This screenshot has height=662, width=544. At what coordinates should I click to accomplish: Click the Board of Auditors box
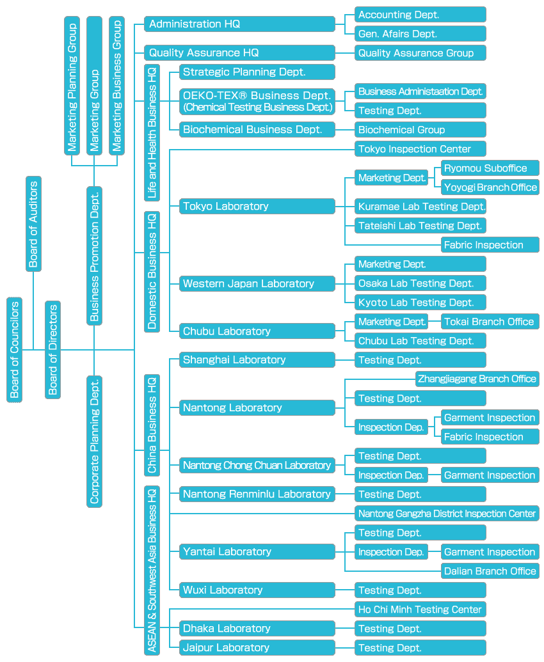34,223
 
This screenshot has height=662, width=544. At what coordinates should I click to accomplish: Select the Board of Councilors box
15,349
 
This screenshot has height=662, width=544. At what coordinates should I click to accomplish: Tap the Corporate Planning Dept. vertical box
94,441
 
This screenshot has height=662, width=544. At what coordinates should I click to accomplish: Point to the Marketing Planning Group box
72,86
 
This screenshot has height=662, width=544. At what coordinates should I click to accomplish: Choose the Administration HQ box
239,24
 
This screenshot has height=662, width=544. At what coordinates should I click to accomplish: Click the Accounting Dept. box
420,15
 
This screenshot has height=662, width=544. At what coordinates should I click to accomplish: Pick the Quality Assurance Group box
420,53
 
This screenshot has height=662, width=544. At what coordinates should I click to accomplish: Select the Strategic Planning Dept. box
257,72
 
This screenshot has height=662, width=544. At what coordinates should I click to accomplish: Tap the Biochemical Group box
420,130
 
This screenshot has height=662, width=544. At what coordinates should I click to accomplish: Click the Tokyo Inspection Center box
420,149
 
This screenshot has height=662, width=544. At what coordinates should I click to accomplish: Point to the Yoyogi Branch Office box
490,187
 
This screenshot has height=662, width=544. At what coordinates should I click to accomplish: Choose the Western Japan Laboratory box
257,283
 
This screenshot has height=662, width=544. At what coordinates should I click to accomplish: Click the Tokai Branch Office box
490,322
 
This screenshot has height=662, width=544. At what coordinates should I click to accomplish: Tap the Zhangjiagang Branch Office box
477,379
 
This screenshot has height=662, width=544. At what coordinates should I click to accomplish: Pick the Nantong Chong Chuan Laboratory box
257,466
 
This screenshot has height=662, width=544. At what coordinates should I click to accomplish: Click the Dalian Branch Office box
490,571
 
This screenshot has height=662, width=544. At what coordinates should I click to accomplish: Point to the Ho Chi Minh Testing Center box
420,610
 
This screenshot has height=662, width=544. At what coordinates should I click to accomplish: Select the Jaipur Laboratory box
257,648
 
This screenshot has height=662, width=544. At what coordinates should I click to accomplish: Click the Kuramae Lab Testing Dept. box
420,207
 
